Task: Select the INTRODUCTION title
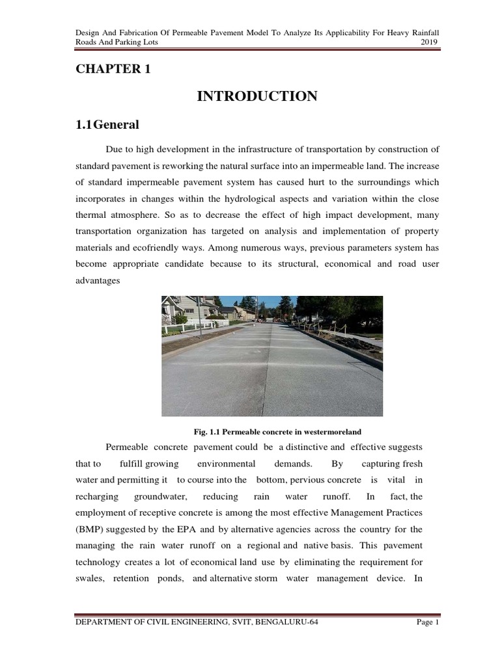click(x=257, y=96)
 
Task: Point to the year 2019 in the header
click(x=430, y=42)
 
